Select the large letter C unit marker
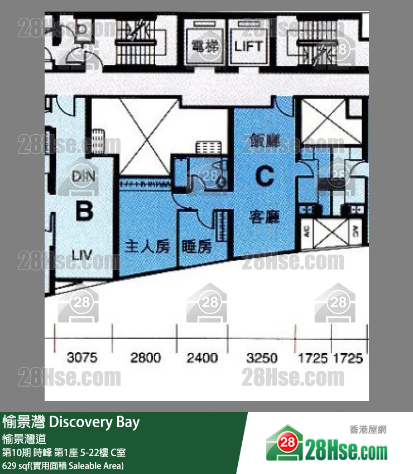[265, 177]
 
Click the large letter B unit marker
[84, 212]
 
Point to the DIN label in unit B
[84, 176]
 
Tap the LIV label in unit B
[83, 256]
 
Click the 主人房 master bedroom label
[147, 246]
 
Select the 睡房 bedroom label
[196, 246]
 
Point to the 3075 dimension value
[81, 358]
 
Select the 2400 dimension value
[202, 358]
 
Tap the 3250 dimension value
[261, 358]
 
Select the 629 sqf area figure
[17, 466]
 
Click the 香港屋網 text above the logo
[368, 429]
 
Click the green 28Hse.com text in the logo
[346, 448]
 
